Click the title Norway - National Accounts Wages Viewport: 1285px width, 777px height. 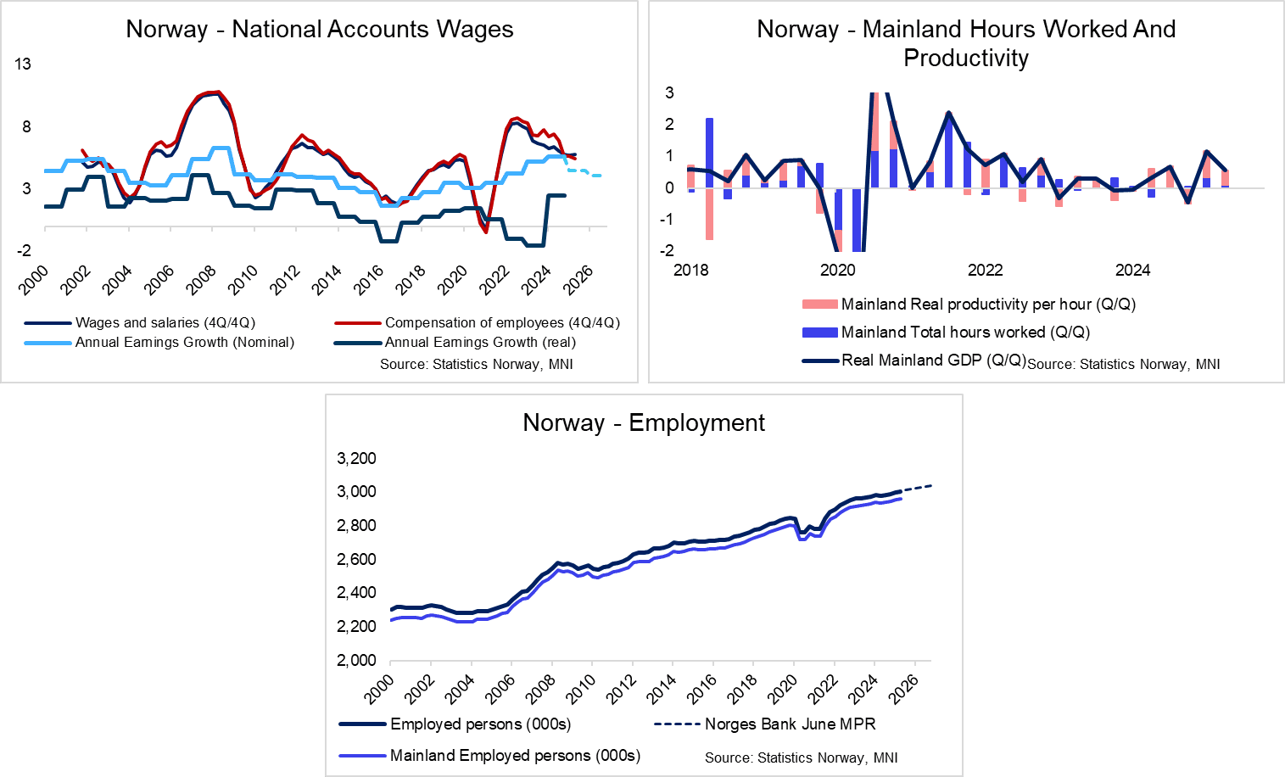[319, 30]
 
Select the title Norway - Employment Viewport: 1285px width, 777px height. [644, 422]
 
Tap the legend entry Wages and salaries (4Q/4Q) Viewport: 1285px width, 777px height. [165, 322]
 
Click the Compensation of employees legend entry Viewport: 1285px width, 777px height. [502, 322]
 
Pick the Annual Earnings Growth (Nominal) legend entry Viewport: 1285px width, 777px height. [184, 342]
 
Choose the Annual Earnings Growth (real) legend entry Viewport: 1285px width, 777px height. [480, 342]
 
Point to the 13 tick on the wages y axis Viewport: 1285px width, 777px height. [23, 64]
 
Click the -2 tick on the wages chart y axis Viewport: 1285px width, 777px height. [24, 250]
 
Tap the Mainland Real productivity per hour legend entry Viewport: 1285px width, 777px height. [988, 304]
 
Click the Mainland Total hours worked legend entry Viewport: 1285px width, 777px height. [965, 332]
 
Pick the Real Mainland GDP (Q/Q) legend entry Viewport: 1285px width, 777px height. [933, 360]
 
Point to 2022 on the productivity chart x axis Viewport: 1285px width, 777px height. [985, 270]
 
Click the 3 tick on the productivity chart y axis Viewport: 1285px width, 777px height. [669, 92]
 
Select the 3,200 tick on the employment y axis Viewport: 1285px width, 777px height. [356, 458]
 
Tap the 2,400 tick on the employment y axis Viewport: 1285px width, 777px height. [356, 592]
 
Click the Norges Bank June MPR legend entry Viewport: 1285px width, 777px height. [790, 724]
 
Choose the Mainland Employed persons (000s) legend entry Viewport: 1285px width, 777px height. [515, 755]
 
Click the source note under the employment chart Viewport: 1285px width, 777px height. [801, 757]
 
